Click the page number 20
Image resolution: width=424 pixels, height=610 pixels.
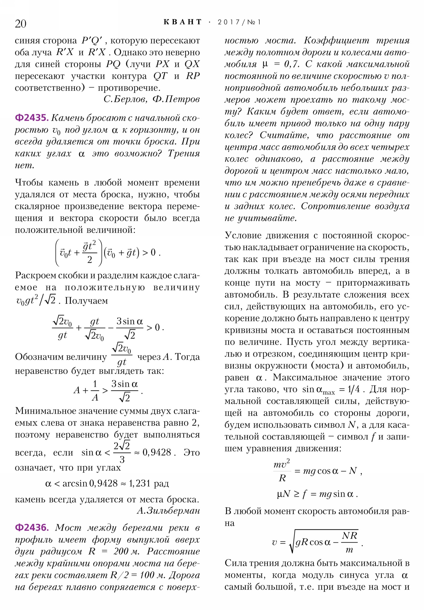(x=20, y=24)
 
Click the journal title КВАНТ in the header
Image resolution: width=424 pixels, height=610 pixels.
(x=183, y=22)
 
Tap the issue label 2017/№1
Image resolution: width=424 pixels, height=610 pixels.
(x=239, y=22)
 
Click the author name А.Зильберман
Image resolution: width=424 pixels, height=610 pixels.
(x=168, y=511)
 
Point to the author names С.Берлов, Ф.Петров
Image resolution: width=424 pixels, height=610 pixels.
(x=151, y=99)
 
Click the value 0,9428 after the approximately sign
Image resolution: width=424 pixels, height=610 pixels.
(x=157, y=452)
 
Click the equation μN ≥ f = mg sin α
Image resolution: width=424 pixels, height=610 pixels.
(x=317, y=494)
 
